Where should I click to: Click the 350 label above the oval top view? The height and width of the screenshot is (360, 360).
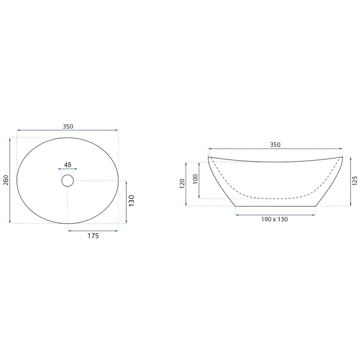click(x=68, y=126)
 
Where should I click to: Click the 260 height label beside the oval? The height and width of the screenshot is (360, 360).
click(x=6, y=180)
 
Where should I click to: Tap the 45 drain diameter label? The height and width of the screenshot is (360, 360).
click(x=68, y=165)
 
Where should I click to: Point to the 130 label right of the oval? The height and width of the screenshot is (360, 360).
click(x=131, y=201)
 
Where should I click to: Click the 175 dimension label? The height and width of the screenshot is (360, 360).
click(x=93, y=236)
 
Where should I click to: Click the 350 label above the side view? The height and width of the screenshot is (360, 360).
click(x=275, y=145)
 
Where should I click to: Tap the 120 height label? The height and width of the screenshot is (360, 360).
click(x=182, y=184)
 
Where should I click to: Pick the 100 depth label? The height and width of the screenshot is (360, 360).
click(x=195, y=179)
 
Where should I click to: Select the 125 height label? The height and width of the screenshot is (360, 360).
click(x=355, y=181)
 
